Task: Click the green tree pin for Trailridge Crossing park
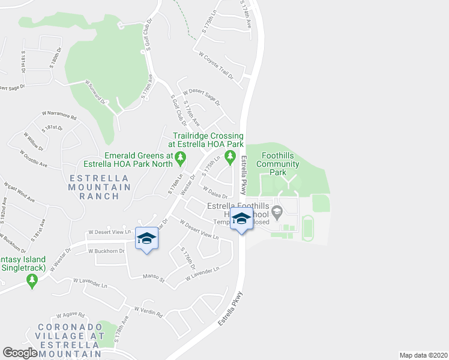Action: pyautogui.click(x=229, y=157)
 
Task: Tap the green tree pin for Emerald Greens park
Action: pyautogui.click(x=181, y=159)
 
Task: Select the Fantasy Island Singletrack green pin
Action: pyautogui.click(x=31, y=280)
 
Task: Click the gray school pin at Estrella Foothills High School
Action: pyautogui.click(x=277, y=211)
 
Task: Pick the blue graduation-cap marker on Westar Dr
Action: pyautogui.click(x=146, y=239)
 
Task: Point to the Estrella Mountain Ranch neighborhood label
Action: pyautogui.click(x=100, y=187)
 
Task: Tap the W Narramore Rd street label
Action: pyautogui.click(x=59, y=113)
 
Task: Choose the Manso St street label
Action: pyautogui.click(x=153, y=276)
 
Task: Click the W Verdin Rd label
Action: pyautogui.click(x=148, y=311)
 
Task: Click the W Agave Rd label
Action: pyautogui.click(x=71, y=314)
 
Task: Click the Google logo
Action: pyautogui.click(x=20, y=353)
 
